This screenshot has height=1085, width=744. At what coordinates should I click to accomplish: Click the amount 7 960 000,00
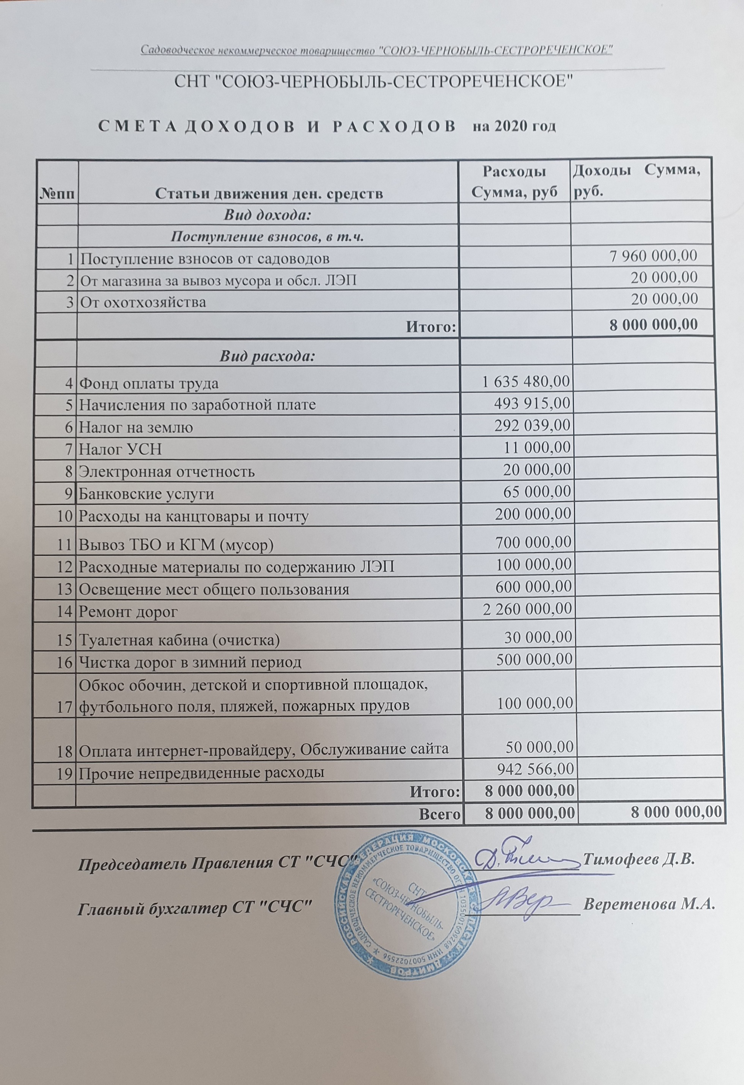click(x=653, y=256)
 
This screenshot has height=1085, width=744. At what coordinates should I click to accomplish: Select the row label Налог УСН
click(x=120, y=449)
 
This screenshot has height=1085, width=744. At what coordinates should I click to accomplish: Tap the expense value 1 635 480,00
click(x=526, y=382)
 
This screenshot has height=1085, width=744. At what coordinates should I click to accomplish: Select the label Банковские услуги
click(x=147, y=494)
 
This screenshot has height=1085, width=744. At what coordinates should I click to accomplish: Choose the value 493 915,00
click(x=532, y=404)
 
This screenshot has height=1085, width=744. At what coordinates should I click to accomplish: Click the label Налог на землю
click(x=136, y=427)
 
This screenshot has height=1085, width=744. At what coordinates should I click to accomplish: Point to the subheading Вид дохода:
click(x=267, y=215)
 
